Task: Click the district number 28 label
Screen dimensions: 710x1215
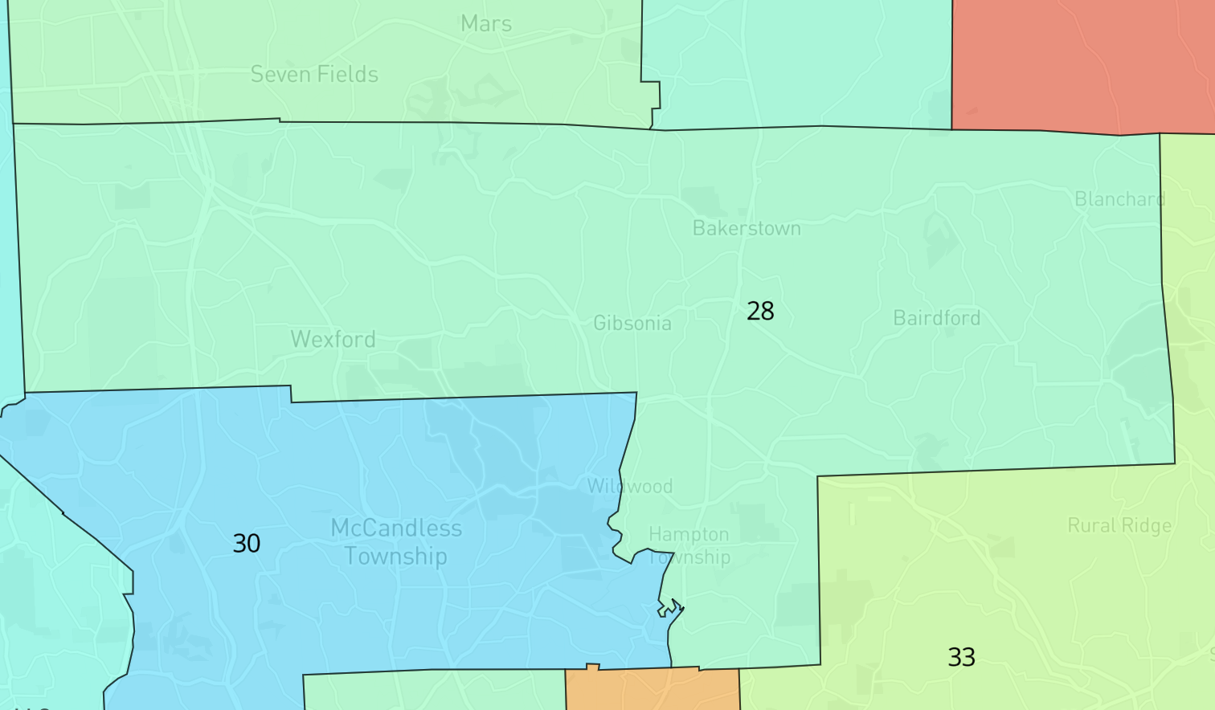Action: (760, 311)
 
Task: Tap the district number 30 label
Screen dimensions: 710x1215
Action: (247, 544)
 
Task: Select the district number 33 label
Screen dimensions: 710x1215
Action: (962, 657)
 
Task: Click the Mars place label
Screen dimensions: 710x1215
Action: (486, 24)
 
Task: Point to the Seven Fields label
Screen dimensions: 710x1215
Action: (314, 75)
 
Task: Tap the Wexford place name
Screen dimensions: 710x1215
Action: (333, 340)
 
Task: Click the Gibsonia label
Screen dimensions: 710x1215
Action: (632, 324)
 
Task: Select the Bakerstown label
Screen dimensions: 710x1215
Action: (747, 229)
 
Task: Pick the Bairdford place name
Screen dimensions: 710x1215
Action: (937, 319)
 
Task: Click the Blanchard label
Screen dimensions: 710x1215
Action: (1119, 199)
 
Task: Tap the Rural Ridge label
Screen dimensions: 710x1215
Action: (1119, 526)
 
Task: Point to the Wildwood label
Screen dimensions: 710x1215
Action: (630, 487)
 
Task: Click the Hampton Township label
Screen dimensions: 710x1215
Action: (689, 545)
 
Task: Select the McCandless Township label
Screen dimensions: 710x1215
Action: (396, 542)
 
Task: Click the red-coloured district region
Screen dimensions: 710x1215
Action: (1077, 64)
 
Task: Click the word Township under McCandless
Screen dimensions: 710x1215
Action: (395, 557)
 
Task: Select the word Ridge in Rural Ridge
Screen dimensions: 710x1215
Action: (1147, 526)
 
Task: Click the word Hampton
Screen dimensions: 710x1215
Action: (689, 535)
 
